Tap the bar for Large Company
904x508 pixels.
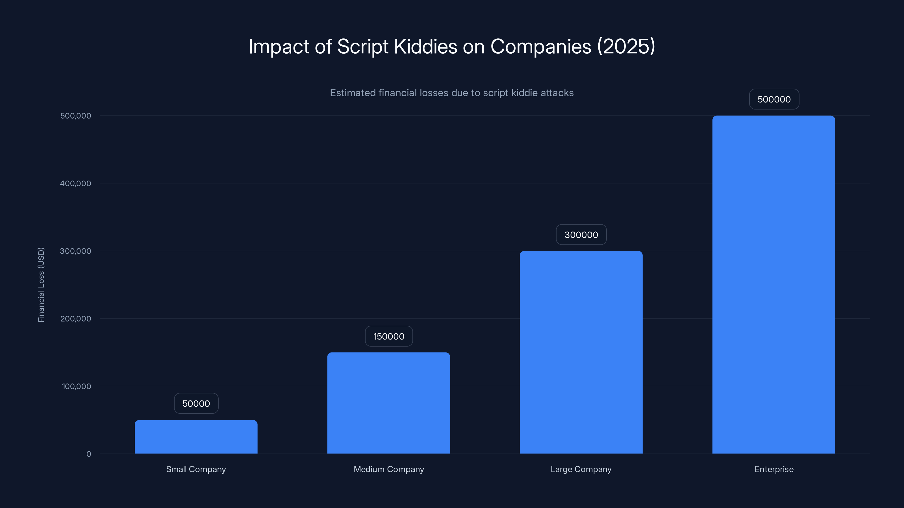point(581,352)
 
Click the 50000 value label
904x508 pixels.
point(196,404)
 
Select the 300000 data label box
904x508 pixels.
point(581,235)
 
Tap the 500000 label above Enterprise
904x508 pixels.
point(774,99)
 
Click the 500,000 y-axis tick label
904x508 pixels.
point(75,116)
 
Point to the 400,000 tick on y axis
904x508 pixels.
point(75,183)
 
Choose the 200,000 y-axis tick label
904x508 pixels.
point(75,319)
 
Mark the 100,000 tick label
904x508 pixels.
point(76,386)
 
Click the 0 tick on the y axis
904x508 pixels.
point(88,454)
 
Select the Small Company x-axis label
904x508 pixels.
point(196,469)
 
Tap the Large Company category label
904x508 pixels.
point(581,469)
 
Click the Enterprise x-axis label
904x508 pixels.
point(774,469)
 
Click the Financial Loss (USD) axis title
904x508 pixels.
point(41,285)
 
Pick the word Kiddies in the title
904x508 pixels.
point(425,46)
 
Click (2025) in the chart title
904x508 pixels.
point(626,46)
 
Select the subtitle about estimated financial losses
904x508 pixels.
point(452,93)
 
